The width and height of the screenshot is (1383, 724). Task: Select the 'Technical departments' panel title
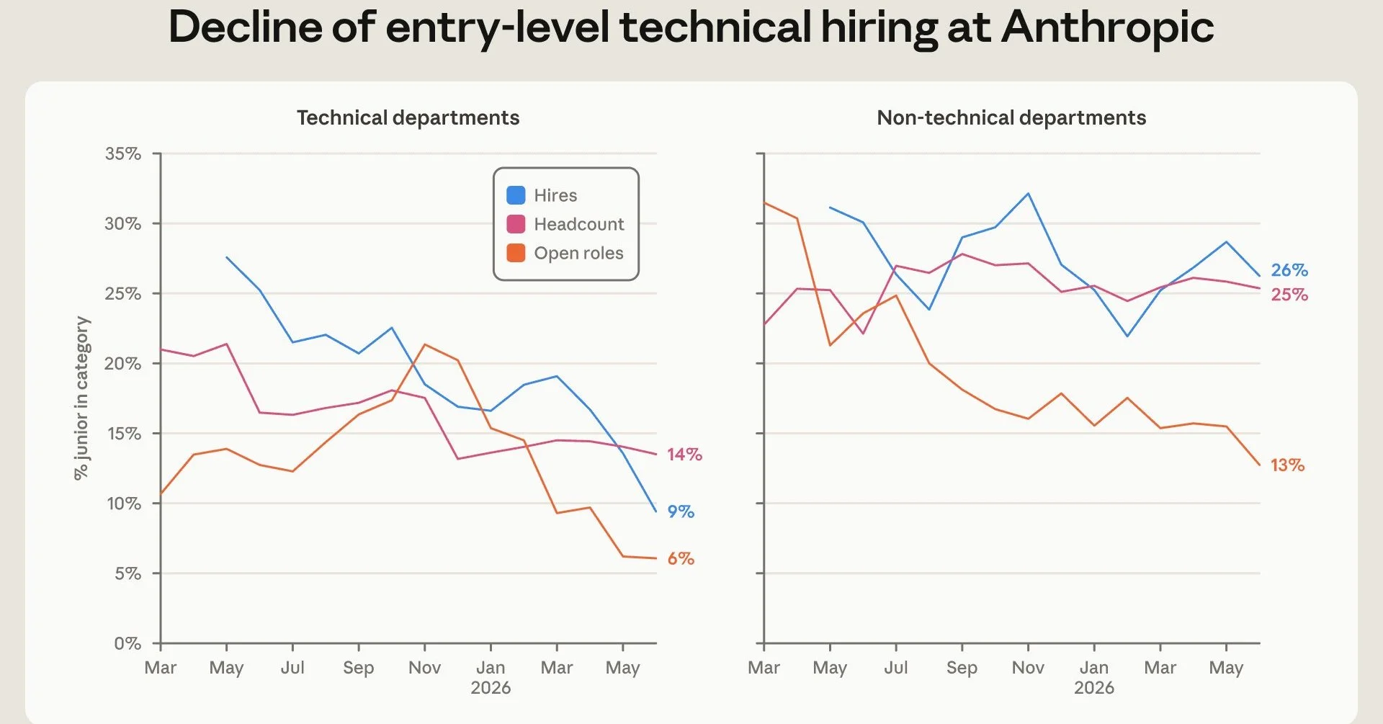click(408, 117)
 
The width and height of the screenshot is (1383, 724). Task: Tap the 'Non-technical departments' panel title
click(1011, 117)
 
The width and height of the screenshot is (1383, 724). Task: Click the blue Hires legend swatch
click(516, 195)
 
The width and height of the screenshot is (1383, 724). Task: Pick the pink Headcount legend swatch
click(516, 224)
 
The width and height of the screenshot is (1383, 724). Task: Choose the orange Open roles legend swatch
click(516, 253)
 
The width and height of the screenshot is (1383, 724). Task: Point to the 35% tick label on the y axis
click(123, 153)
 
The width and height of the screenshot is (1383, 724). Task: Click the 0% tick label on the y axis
click(127, 643)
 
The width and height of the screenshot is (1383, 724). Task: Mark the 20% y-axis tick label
click(123, 363)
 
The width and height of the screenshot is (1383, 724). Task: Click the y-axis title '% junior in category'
click(81, 398)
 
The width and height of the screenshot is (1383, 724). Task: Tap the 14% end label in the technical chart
click(684, 455)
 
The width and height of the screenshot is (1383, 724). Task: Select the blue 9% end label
click(681, 511)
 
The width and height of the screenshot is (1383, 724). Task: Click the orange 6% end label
click(681, 558)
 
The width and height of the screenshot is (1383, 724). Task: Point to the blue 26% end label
click(1289, 270)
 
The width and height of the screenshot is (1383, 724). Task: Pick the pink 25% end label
click(1289, 295)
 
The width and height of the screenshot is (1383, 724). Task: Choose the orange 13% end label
click(1287, 465)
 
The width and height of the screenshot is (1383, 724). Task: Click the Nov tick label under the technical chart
click(424, 668)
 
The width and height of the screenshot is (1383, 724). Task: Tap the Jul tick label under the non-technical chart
click(896, 668)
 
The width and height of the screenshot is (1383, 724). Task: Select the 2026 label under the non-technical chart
click(1094, 688)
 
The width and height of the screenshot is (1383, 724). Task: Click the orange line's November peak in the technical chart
click(424, 344)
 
